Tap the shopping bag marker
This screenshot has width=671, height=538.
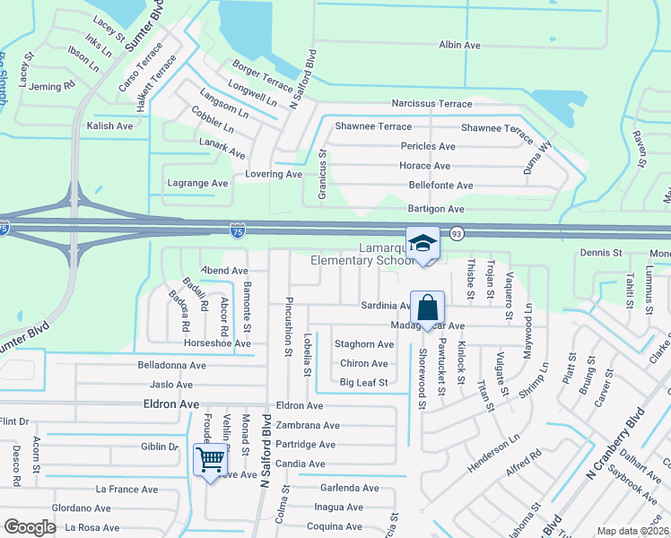(x=428, y=308)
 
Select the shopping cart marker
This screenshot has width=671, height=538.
(x=210, y=460)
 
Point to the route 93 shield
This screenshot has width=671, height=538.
(x=456, y=233)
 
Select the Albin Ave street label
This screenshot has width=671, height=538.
(x=460, y=45)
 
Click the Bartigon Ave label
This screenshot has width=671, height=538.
(x=436, y=209)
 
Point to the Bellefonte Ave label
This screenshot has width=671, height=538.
(x=440, y=186)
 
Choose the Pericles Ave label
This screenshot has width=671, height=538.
(x=427, y=146)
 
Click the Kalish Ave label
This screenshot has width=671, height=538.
(x=109, y=126)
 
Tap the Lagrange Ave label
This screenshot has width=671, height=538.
(x=198, y=183)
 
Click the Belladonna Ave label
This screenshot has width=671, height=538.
(x=171, y=366)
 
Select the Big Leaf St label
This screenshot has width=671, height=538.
(x=363, y=383)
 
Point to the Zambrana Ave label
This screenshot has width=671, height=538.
(x=308, y=426)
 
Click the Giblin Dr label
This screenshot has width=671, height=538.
(x=161, y=446)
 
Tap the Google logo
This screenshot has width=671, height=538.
(x=30, y=528)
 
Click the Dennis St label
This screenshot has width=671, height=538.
(x=601, y=254)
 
